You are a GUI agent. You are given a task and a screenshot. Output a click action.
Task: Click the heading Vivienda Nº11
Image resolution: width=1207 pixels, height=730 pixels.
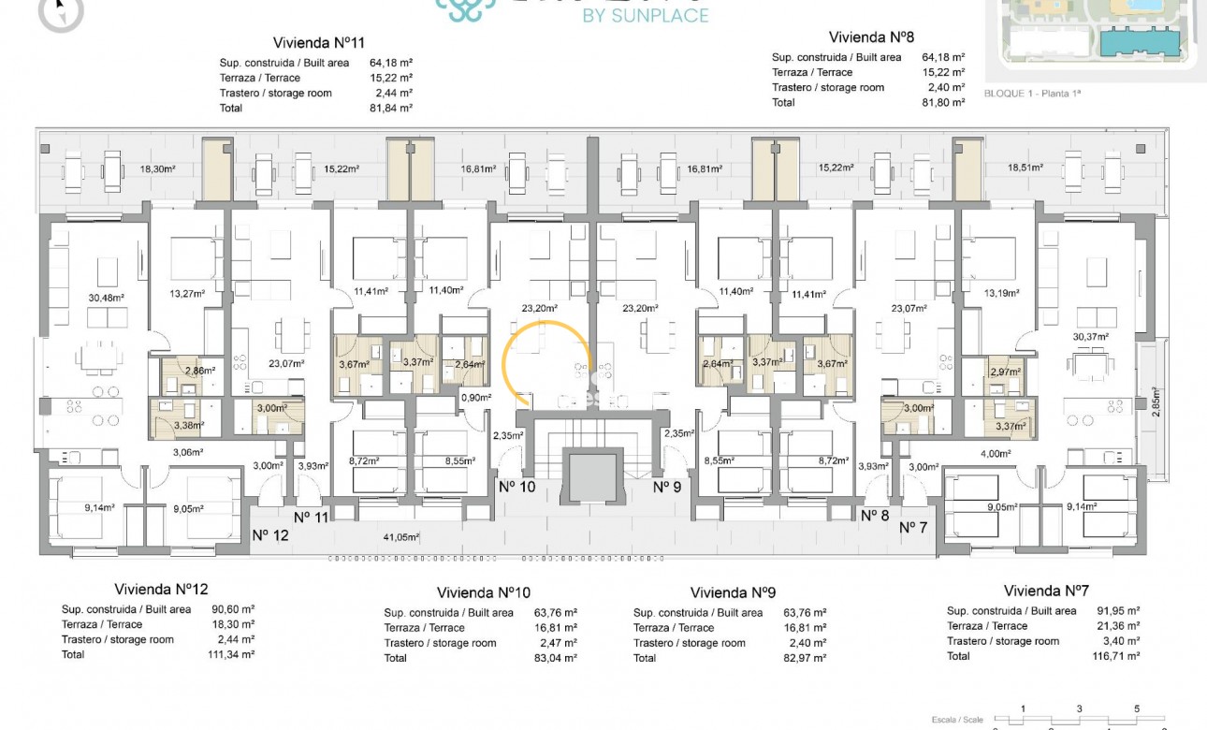pos(318,42)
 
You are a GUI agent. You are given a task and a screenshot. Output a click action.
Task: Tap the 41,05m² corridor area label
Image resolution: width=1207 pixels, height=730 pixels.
pos(400,537)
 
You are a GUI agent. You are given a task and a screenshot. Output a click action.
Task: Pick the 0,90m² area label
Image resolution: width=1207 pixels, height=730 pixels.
pos(475,398)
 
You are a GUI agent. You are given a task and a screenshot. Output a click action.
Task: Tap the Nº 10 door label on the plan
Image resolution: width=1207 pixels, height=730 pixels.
pos(516,486)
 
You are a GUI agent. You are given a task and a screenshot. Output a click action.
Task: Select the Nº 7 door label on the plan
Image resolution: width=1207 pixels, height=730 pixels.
pos(912,528)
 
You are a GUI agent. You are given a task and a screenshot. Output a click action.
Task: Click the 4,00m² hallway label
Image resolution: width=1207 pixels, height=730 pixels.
pos(995,453)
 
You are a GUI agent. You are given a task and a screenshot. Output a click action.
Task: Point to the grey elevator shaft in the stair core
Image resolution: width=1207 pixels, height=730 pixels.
pos(591,474)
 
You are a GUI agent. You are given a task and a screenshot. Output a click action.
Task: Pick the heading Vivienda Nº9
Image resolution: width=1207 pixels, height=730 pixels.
pos(734,592)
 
